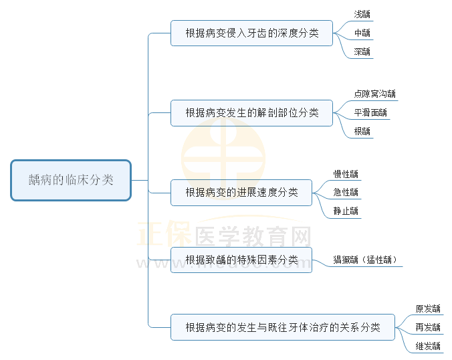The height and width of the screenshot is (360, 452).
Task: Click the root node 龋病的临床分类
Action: tap(71, 180)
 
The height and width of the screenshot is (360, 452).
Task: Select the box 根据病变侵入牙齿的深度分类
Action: tap(251, 33)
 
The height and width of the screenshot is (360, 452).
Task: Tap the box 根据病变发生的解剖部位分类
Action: tap(251, 112)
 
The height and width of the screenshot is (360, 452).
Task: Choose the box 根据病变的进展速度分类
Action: tap(241, 193)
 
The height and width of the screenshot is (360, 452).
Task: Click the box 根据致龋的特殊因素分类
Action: tap(241, 260)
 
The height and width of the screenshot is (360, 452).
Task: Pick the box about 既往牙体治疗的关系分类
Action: tap(282, 327)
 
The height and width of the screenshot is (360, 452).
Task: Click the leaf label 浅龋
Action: tap(362, 14)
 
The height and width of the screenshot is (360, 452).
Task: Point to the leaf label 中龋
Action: tap(362, 33)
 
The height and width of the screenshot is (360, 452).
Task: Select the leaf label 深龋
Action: tap(362, 52)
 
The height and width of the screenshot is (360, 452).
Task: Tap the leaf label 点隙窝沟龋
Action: tap(374, 94)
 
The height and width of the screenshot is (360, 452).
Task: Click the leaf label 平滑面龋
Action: tap(370, 113)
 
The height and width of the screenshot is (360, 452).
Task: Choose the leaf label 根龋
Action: tap(362, 132)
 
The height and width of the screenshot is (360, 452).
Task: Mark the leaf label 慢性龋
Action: tap(346, 174)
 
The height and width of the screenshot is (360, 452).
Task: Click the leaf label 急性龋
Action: tap(346, 193)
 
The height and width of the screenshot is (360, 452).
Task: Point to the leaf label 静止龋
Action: tap(346, 211)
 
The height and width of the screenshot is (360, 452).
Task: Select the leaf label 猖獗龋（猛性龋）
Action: tap(367, 260)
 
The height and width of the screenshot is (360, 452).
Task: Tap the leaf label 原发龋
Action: tap(428, 309)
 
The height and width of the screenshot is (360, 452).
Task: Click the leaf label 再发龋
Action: tap(428, 328)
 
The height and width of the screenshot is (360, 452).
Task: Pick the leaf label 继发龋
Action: tap(428, 347)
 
